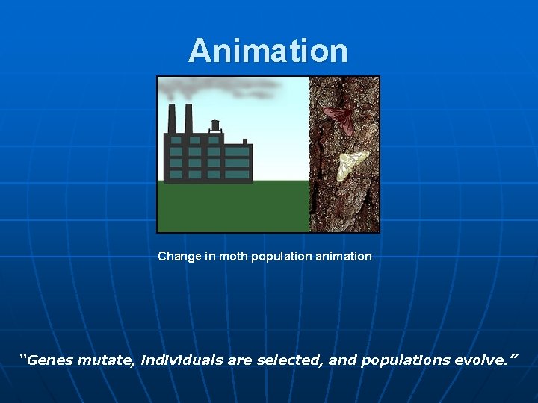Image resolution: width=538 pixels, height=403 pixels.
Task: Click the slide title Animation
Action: (x=268, y=51)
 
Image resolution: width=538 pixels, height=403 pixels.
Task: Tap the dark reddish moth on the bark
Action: (x=339, y=118)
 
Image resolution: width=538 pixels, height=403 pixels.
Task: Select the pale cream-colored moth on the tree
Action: (x=353, y=165)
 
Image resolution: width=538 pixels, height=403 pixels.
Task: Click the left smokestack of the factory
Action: (x=172, y=119)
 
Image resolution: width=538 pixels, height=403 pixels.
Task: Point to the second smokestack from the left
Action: (x=188, y=119)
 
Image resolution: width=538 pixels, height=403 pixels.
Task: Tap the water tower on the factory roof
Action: (x=215, y=125)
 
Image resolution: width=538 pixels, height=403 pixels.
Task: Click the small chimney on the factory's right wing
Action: (x=244, y=141)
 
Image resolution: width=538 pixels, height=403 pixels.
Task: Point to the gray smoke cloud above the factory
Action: (x=217, y=88)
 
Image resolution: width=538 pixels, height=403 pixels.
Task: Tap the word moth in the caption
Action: (x=233, y=256)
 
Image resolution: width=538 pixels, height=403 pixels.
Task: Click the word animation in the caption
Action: (x=344, y=256)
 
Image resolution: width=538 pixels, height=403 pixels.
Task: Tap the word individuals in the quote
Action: (x=182, y=360)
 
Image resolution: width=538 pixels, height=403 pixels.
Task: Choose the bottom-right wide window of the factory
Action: (x=237, y=173)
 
